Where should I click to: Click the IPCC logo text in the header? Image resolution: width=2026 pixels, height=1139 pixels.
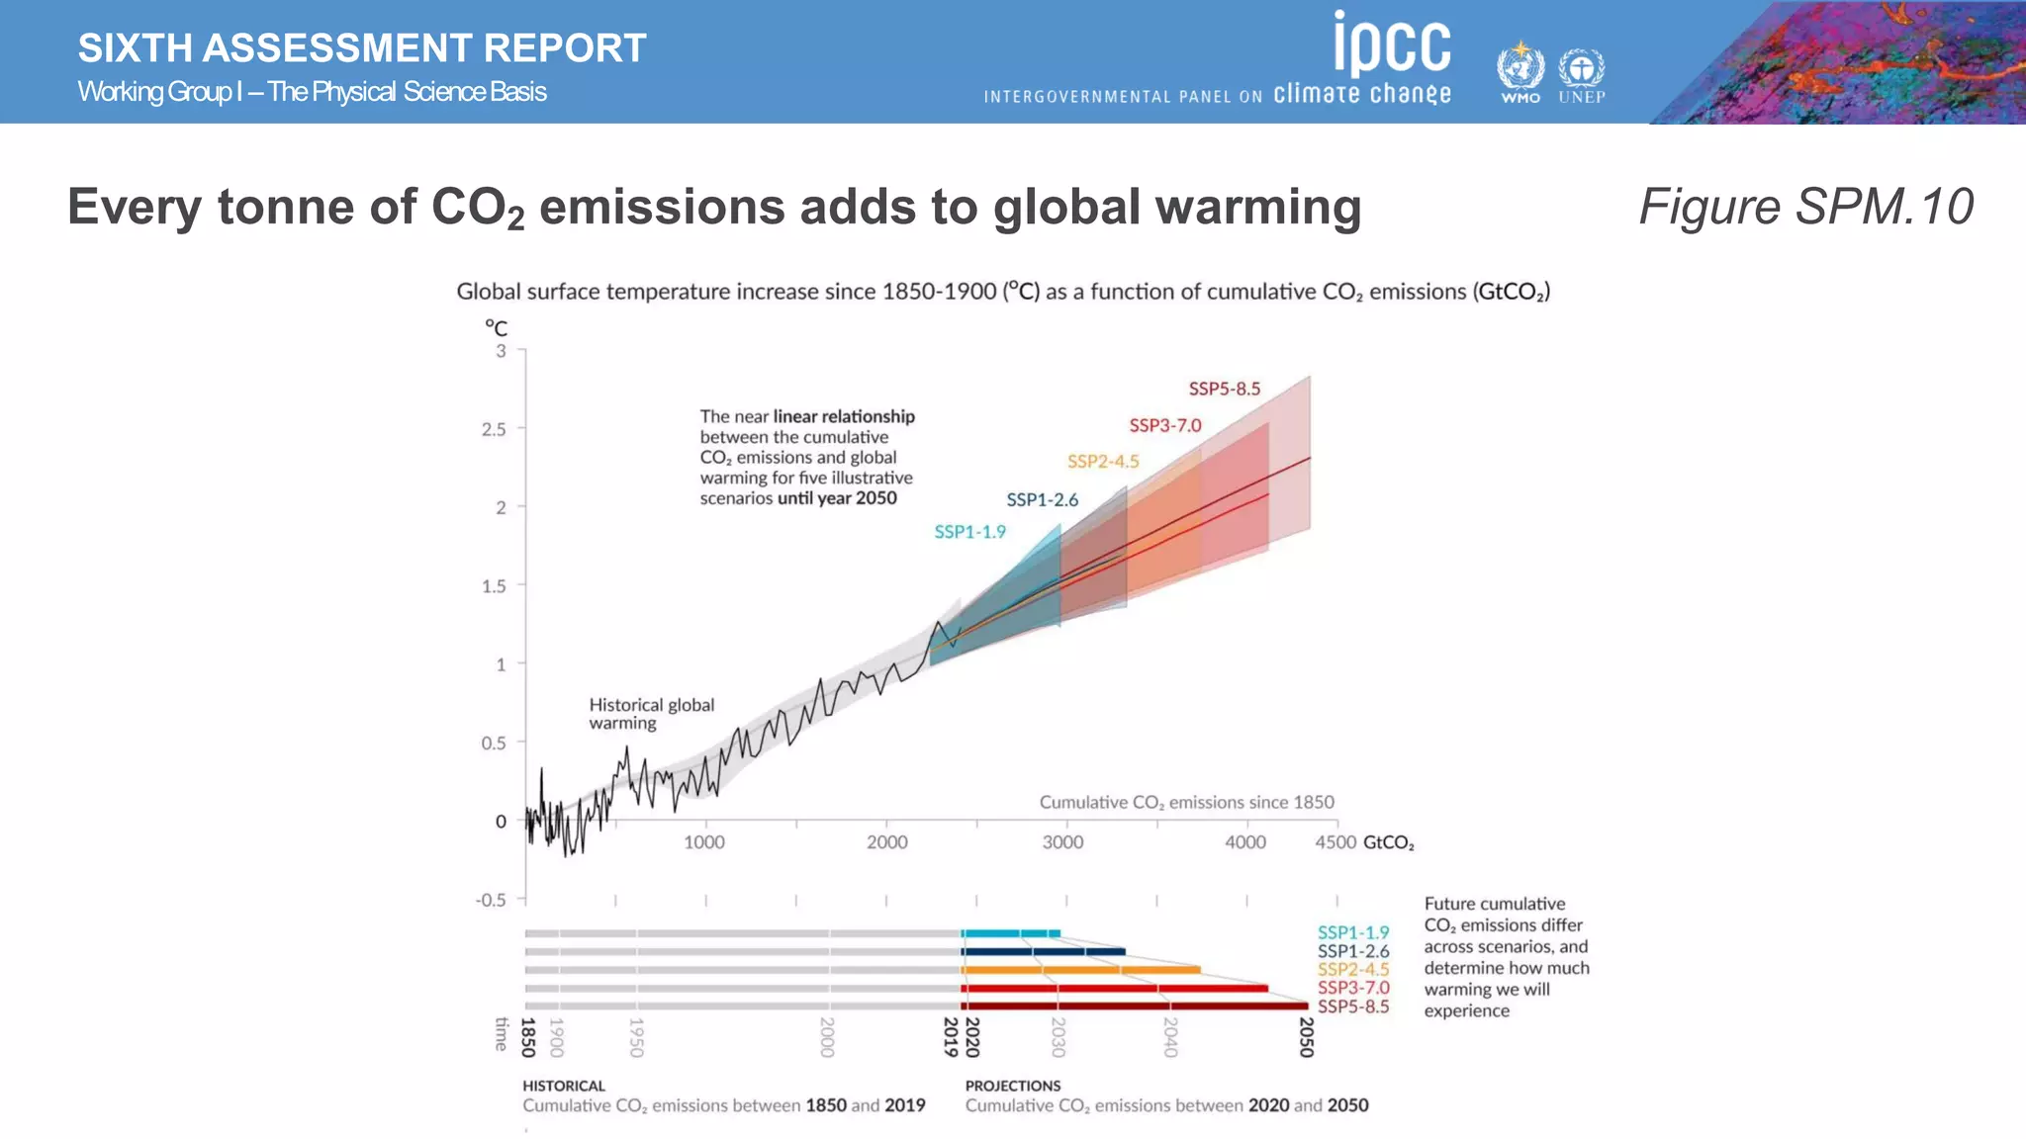pos(1392,44)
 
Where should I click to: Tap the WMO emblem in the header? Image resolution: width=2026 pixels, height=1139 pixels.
pos(1520,70)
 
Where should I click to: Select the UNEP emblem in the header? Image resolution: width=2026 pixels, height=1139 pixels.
pos(1582,72)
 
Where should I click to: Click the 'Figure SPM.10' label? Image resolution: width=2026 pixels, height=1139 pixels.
pos(1805,207)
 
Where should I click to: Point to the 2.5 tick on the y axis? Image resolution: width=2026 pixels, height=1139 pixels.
pos(494,429)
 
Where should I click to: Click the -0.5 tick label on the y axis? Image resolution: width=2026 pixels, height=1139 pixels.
pos(491,900)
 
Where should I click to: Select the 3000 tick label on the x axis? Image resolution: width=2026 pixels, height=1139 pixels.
pos(1062,842)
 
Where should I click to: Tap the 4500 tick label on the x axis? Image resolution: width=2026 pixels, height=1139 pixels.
pos(1335,842)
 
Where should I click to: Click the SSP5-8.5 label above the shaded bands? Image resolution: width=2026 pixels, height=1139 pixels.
pos(1224,389)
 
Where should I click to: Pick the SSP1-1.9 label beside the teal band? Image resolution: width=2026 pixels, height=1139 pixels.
pos(969,532)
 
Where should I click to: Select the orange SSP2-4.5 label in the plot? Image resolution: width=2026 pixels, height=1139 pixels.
pos(1102,462)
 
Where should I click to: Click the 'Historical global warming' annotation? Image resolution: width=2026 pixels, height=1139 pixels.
pos(651,714)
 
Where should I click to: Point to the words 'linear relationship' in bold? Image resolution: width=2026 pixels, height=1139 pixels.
pos(844,416)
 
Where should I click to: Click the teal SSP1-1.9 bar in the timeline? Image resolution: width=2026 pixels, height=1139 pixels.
pos(1010,933)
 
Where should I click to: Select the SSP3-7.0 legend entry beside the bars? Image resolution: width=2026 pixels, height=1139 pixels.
pos(1352,988)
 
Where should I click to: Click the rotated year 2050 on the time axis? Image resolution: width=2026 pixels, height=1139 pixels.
pos(1306,1037)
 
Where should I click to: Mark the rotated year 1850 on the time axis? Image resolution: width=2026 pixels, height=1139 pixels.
pos(528,1037)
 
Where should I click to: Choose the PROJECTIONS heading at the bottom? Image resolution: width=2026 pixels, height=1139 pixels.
pos(1012,1086)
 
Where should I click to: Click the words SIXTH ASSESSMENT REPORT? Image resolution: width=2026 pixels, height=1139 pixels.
pos(362,48)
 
